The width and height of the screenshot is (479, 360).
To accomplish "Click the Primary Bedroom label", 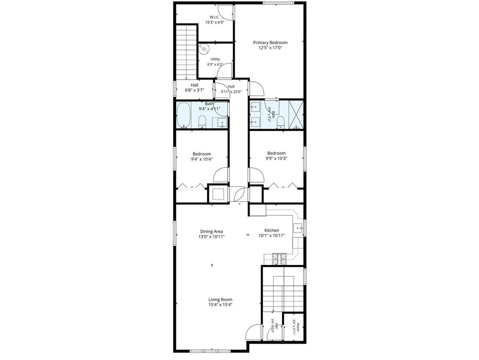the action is [270, 43].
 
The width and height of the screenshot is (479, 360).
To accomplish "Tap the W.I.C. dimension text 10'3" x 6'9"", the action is [215, 22].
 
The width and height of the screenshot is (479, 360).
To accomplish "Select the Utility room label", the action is [215, 59].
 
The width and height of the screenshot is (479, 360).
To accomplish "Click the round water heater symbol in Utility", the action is [204, 49].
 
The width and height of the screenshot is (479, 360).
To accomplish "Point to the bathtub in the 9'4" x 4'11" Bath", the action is [184, 115].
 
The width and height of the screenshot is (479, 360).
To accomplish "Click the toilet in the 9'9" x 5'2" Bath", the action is [281, 122].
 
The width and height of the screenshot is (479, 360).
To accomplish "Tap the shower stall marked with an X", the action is [296, 114].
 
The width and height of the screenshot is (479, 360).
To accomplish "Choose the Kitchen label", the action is [271, 230].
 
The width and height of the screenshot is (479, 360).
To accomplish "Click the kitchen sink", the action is [298, 229].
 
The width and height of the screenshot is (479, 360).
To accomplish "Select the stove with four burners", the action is [279, 259].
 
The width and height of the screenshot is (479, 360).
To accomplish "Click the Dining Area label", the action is [212, 231].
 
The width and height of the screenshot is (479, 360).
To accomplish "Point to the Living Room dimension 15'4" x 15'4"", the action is [220, 305].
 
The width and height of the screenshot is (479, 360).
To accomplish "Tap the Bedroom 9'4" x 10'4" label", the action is [202, 157].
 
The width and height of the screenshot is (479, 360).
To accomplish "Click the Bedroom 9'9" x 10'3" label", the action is [276, 156].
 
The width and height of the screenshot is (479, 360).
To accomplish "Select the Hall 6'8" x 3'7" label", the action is [194, 88].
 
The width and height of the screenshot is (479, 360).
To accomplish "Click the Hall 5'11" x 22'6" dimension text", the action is [231, 92].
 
